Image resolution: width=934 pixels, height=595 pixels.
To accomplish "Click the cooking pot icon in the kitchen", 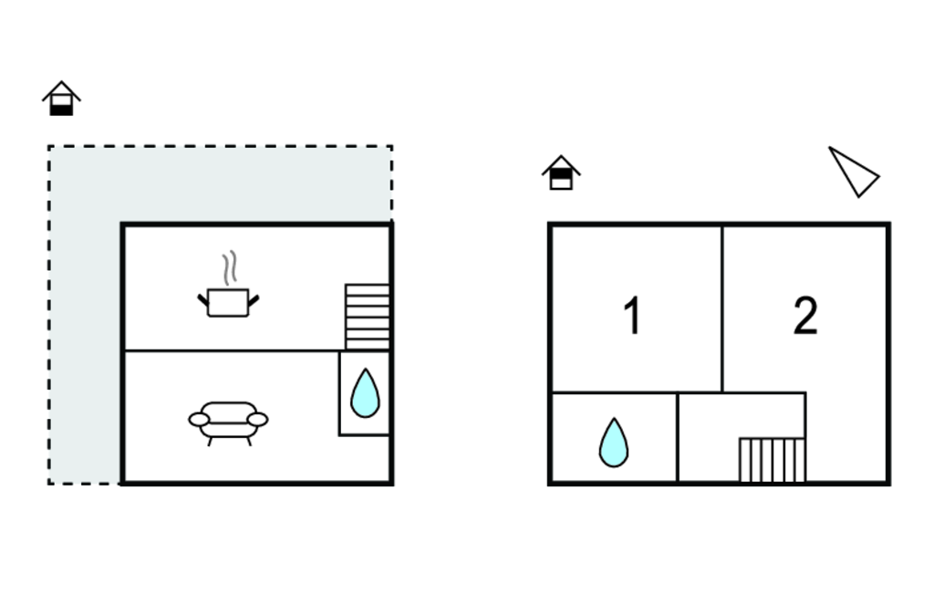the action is click(x=228, y=302).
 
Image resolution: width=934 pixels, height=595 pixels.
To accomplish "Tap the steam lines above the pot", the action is click(x=230, y=268).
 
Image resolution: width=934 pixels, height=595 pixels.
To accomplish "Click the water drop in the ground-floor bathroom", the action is click(x=365, y=393).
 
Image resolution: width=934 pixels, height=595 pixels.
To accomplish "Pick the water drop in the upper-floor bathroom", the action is click(x=614, y=443).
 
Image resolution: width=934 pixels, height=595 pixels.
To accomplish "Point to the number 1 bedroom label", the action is click(x=632, y=316).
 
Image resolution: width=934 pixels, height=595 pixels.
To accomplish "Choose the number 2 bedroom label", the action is click(x=805, y=316).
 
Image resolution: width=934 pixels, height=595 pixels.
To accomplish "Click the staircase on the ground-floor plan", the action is click(x=368, y=317).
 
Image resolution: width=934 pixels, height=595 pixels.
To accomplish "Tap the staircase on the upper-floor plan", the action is click(x=772, y=460).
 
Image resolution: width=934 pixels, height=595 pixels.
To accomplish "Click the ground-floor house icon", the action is click(x=61, y=99).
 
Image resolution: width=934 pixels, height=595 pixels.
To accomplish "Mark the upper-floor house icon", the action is click(x=561, y=172).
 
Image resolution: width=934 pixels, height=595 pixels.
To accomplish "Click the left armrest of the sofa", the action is click(x=199, y=420).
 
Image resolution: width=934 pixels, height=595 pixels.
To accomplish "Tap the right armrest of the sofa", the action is click(x=257, y=420).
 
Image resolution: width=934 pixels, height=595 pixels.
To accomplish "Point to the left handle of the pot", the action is click(x=202, y=300).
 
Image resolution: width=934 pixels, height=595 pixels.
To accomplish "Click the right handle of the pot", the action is click(x=254, y=300).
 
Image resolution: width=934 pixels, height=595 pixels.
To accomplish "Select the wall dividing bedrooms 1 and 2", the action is click(x=722, y=308).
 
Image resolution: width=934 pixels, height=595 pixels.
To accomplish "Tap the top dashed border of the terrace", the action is click(x=220, y=146).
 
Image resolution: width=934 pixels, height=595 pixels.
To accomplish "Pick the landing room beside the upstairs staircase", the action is click(x=709, y=436).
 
